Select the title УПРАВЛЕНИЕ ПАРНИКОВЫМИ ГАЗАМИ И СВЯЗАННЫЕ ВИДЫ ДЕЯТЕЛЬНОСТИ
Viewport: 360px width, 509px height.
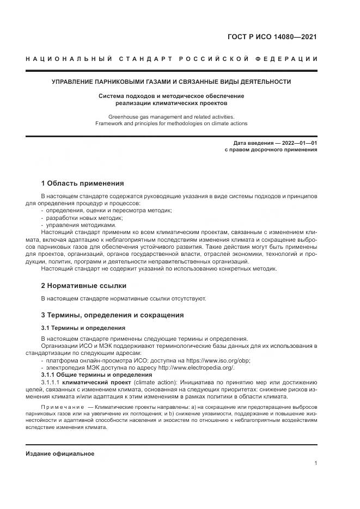click(x=171, y=82)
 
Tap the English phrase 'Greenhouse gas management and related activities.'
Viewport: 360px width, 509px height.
click(x=171, y=116)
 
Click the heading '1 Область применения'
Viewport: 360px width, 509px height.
click(x=83, y=183)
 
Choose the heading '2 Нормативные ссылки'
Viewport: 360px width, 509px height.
click(x=84, y=285)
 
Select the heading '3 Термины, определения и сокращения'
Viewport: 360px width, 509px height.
click(x=113, y=315)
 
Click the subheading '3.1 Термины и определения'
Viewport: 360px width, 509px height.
click(x=83, y=328)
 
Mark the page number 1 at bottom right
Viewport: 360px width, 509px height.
click(x=315, y=463)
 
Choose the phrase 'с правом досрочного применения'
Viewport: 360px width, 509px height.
click(x=271, y=150)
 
